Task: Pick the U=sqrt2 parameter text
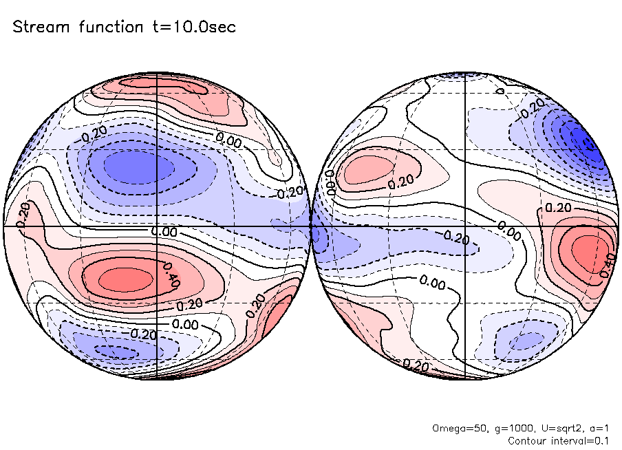(555, 429)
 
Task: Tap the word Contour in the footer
(526, 440)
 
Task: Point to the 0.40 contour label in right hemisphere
(607, 266)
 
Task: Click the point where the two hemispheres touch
(310, 226)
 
